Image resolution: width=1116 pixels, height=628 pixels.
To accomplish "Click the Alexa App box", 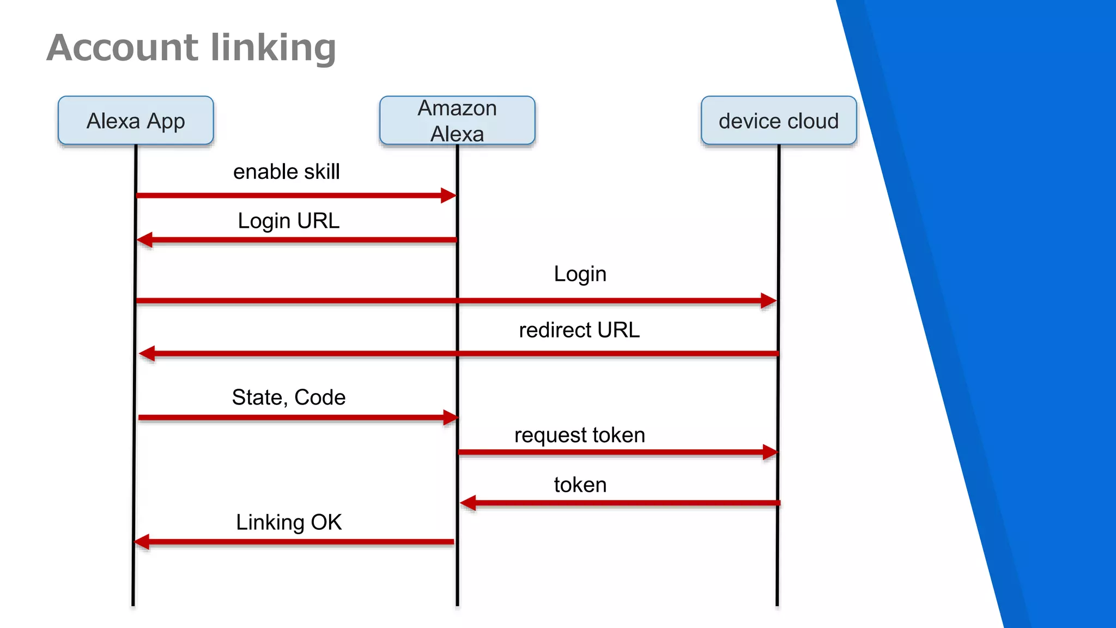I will (136, 120).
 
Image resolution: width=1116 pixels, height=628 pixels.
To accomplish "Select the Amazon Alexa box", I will (457, 120).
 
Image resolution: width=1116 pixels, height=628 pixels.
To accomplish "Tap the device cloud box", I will (779, 120).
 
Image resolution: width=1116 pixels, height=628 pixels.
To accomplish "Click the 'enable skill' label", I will (286, 172).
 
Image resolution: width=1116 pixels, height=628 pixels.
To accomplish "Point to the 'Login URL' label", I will (288, 221).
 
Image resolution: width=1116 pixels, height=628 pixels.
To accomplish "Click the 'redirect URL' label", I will (579, 330).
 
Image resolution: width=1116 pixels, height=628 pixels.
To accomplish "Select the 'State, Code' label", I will (288, 397).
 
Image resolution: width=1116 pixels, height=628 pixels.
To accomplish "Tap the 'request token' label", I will (579, 434).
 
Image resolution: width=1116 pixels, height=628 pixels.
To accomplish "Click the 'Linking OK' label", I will (288, 522).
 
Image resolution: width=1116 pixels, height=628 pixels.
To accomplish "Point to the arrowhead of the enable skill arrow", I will (448, 195).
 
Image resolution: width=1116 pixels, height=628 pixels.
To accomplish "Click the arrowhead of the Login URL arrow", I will (145, 240).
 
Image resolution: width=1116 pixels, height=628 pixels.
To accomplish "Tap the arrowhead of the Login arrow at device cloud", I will (768, 300).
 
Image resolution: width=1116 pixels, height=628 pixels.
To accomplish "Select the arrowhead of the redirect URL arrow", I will (147, 353).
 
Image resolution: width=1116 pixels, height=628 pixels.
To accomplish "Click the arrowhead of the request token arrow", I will (770, 452).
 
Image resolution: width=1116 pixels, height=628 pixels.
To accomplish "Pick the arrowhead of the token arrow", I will (468, 503).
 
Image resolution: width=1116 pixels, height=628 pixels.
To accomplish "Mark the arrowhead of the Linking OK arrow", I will (142, 542).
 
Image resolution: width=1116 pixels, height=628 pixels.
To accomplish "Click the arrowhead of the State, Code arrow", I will (451, 418).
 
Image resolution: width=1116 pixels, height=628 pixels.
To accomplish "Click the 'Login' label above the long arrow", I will (580, 274).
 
